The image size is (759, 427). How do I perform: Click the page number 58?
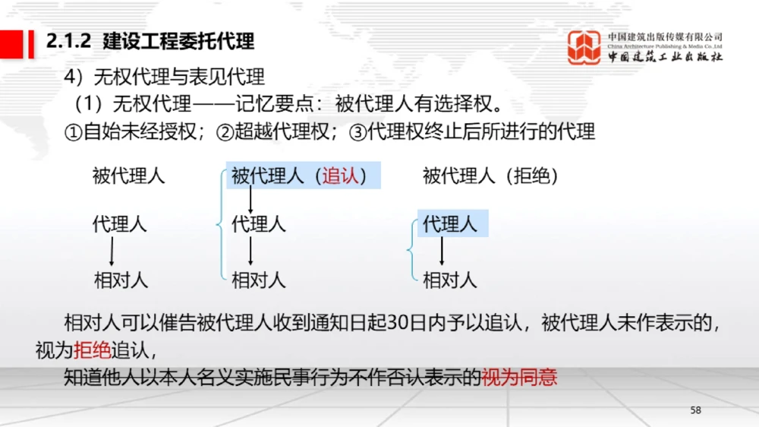(696, 410)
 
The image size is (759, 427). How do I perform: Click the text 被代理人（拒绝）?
(490, 176)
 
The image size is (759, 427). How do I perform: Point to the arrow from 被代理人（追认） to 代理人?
(251, 200)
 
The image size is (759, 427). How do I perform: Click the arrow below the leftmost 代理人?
(112, 251)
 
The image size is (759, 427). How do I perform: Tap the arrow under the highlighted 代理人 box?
(442, 251)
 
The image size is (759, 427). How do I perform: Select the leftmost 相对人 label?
(121, 280)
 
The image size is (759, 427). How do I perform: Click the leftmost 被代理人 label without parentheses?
(128, 176)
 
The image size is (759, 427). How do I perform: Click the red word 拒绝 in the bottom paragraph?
(92, 350)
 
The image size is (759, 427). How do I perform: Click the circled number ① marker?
(74, 132)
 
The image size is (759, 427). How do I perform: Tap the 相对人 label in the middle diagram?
(259, 280)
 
